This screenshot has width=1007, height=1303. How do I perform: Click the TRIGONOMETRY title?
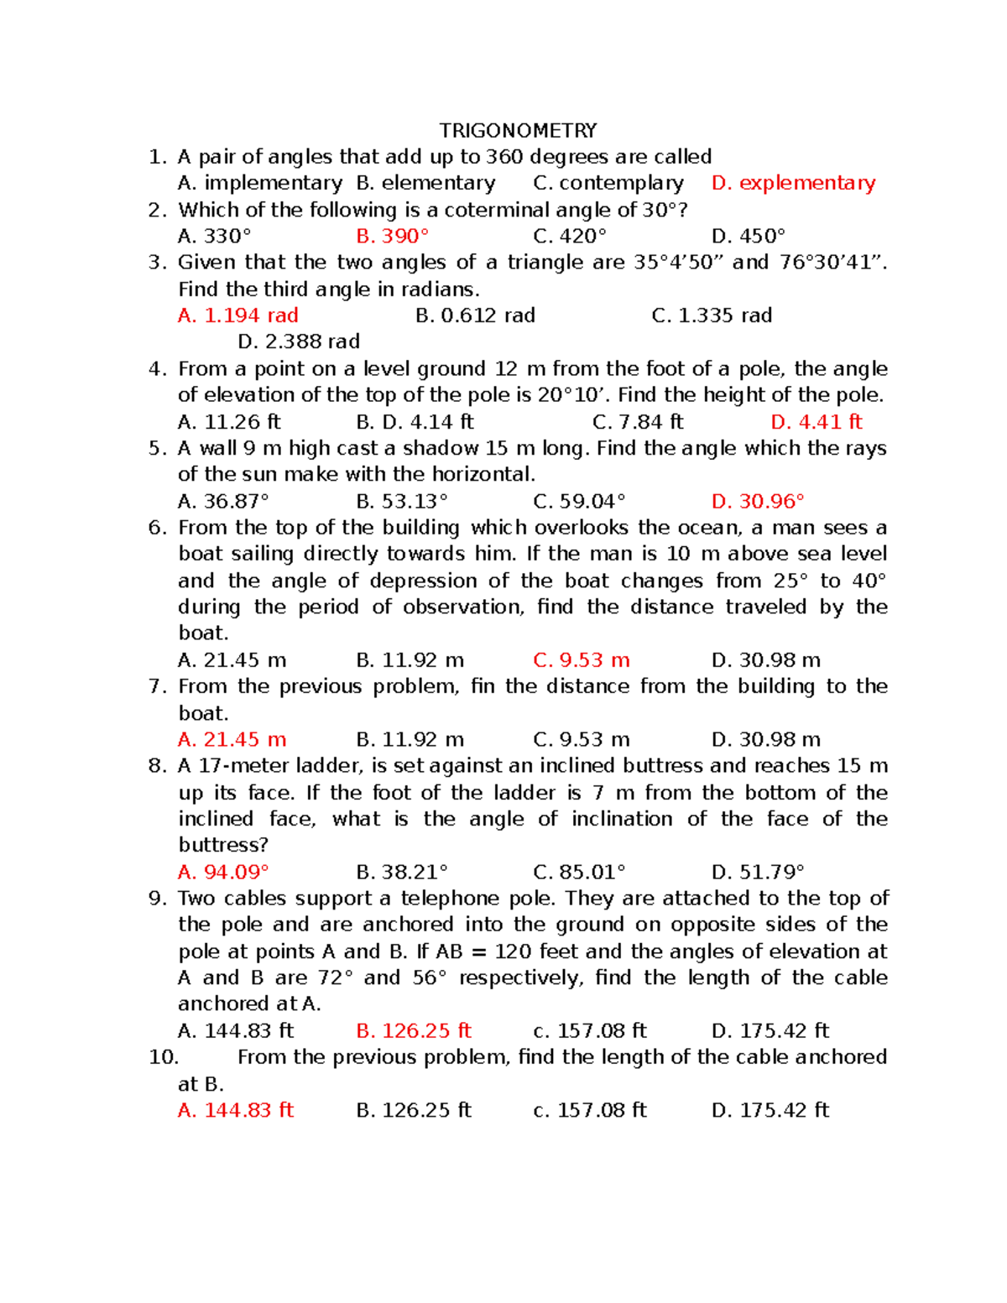518,131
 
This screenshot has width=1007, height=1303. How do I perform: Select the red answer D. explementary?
793,183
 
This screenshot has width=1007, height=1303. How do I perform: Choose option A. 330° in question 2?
214,236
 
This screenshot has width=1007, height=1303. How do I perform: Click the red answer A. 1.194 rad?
238,315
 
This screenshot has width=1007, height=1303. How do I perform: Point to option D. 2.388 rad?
299,341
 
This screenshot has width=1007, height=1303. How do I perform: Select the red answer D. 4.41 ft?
816,422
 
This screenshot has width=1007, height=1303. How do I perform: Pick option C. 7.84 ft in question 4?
638,422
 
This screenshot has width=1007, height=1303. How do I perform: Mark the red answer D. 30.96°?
758,501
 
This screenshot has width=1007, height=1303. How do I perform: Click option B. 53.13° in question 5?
402,501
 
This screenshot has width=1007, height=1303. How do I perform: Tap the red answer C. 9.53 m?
582,660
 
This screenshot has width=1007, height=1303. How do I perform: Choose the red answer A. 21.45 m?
232,739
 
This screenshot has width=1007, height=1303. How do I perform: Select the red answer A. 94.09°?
223,872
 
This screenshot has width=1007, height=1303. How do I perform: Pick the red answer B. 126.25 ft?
414,1030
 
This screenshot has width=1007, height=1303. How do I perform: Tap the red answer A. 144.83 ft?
236,1110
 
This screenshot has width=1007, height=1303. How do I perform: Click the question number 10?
164,1057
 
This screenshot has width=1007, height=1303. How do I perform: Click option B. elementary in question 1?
425,183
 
